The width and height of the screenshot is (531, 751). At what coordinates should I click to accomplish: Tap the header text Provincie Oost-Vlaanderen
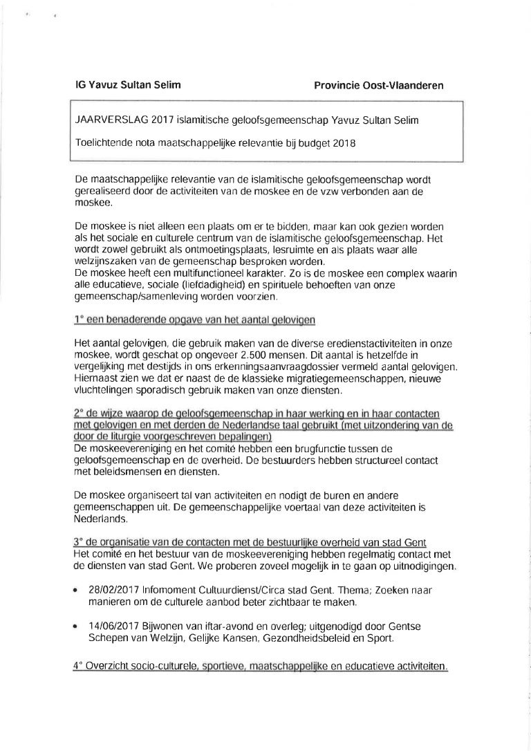(x=378, y=86)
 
